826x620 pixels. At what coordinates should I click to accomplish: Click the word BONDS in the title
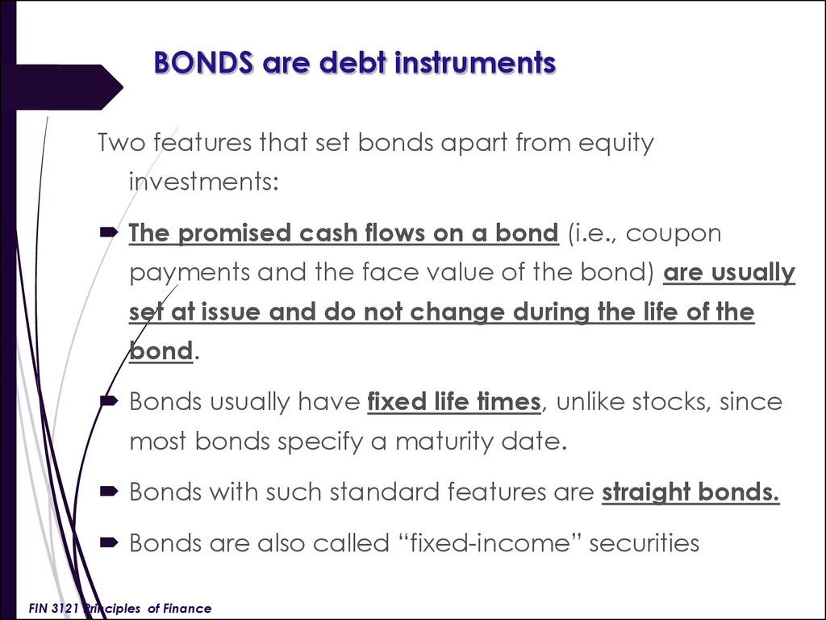pos(203,62)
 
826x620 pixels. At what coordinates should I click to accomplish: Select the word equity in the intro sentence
pos(615,144)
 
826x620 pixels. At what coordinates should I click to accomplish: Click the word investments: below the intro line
pos(204,182)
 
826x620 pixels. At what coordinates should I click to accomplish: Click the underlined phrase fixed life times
pos(454,402)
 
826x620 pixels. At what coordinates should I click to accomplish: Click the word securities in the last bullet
pos(644,543)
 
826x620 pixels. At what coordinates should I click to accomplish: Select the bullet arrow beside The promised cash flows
pos(109,232)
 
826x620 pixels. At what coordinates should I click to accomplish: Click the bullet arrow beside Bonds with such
pos(109,492)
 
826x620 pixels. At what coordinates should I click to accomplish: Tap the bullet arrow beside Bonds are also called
pos(109,542)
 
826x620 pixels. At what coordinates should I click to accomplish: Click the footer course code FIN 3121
pos(53,609)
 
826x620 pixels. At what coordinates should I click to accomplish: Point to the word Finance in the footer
pos(187,609)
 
